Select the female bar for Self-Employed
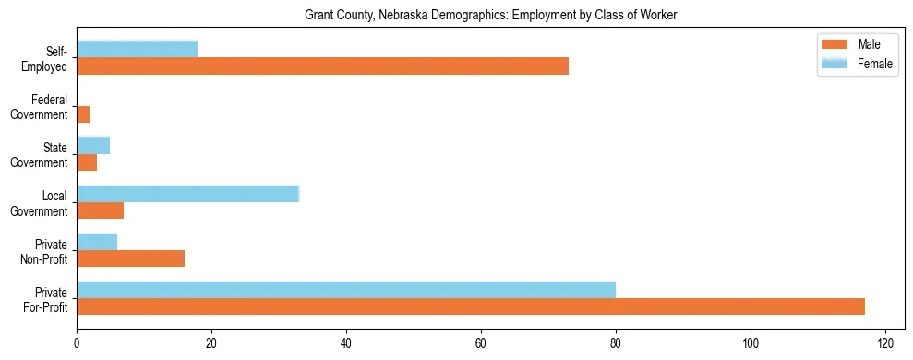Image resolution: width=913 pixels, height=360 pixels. (x=137, y=49)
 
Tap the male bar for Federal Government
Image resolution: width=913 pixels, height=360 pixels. (x=83, y=114)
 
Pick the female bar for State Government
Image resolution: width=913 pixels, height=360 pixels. (x=93, y=145)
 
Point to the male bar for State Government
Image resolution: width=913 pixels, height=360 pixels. (x=87, y=162)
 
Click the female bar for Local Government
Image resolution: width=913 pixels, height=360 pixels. (x=188, y=193)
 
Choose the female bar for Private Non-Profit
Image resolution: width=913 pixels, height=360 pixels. (x=97, y=241)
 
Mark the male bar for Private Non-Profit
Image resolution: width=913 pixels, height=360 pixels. (x=130, y=258)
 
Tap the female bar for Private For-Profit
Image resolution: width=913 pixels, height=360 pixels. (x=346, y=289)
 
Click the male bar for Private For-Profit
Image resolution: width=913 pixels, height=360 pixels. (x=471, y=306)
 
